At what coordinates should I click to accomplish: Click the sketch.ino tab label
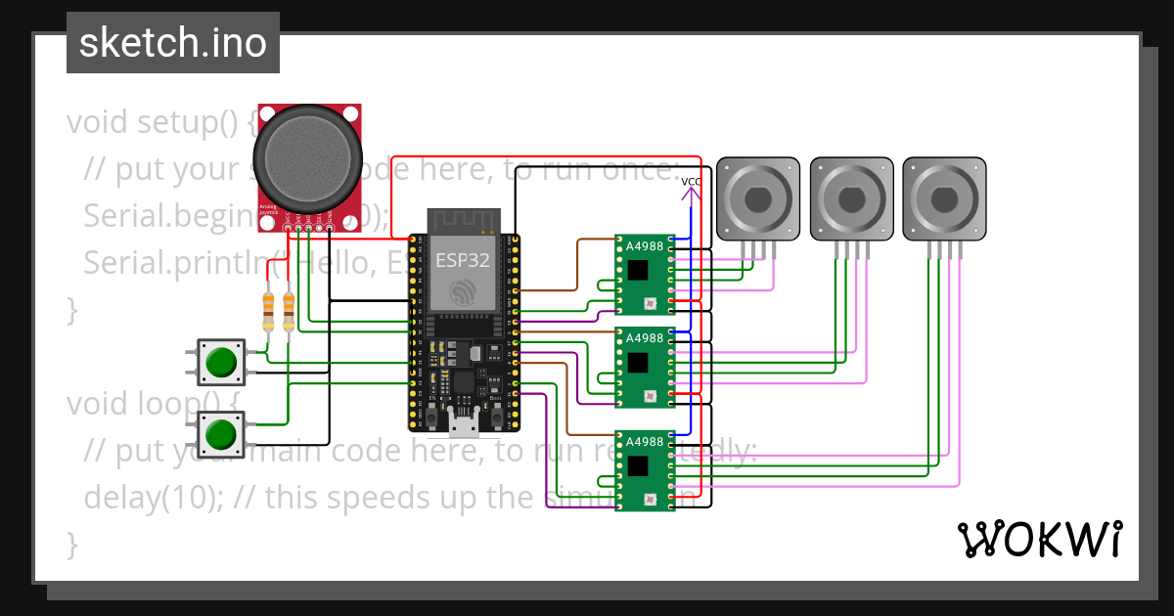(x=172, y=43)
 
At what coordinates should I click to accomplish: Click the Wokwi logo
(x=1038, y=539)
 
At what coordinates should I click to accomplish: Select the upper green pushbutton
(x=222, y=361)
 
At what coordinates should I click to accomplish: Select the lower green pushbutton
(x=222, y=433)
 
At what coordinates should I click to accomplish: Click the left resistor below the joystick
(x=268, y=311)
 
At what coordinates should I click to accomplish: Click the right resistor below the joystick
(x=288, y=311)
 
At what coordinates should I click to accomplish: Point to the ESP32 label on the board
(x=463, y=261)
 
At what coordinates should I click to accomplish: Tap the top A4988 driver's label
(x=644, y=245)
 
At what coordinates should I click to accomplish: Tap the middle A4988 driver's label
(x=644, y=338)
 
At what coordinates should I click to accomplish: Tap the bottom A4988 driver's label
(x=644, y=441)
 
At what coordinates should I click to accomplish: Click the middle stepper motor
(x=851, y=198)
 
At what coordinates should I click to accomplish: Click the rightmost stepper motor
(x=944, y=198)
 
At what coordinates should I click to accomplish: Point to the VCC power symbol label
(x=691, y=182)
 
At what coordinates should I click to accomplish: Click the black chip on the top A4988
(x=638, y=270)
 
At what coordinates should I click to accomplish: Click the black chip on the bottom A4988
(x=638, y=464)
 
